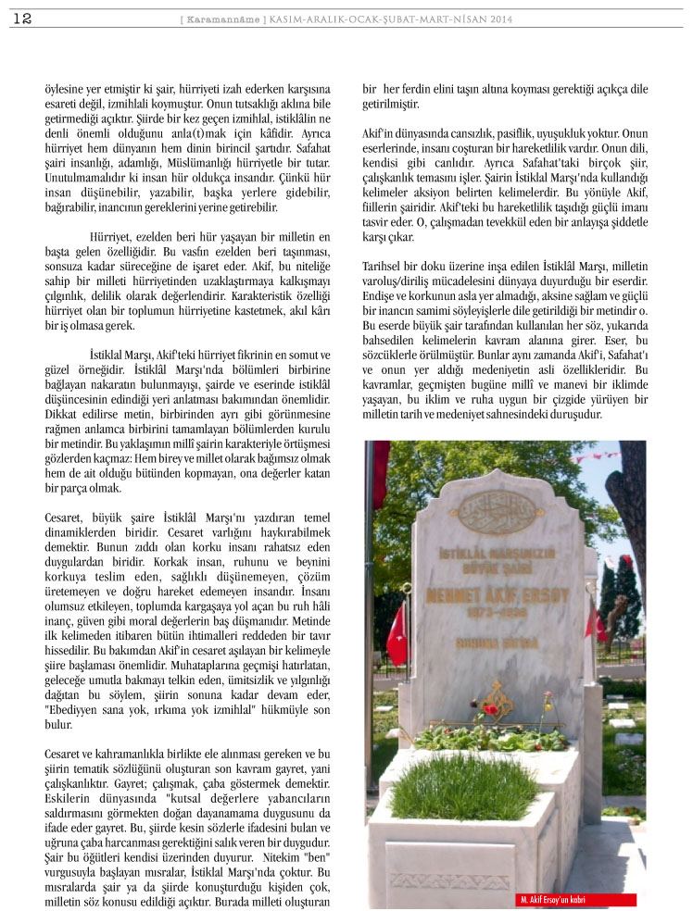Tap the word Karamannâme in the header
click(216, 19)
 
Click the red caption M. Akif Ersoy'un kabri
click(555, 900)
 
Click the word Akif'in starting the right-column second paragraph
click(376, 134)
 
